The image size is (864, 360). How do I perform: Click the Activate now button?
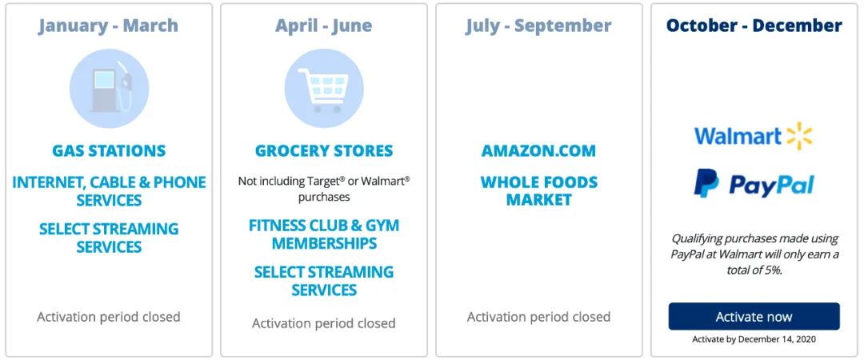pyautogui.click(x=754, y=317)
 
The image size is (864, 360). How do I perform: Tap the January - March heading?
pyautogui.click(x=109, y=26)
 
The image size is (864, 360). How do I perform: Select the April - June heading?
pyautogui.click(x=323, y=26)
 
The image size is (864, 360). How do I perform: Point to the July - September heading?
pyautogui.click(x=538, y=26)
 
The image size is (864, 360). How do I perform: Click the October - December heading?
pyautogui.click(x=754, y=26)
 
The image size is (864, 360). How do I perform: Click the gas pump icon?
pyautogui.click(x=109, y=88)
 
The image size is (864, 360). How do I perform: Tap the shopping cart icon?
pyautogui.click(x=323, y=88)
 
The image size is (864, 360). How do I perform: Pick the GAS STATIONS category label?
pyautogui.click(x=109, y=150)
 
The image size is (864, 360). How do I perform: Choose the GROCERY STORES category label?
pyautogui.click(x=323, y=150)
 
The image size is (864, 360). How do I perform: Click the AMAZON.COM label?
pyautogui.click(x=538, y=150)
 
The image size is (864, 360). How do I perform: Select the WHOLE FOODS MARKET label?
pyautogui.click(x=538, y=190)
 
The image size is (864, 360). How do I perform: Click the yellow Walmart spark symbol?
pyautogui.click(x=799, y=136)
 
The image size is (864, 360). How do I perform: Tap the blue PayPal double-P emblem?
pyautogui.click(x=706, y=183)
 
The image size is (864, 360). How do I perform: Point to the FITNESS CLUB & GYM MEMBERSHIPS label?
pyautogui.click(x=323, y=234)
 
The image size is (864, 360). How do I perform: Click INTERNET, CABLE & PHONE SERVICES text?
pyautogui.click(x=109, y=190)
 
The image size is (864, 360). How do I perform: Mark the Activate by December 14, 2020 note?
pyautogui.click(x=754, y=339)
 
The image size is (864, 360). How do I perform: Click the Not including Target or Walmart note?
pyautogui.click(x=323, y=189)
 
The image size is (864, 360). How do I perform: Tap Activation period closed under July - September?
pyautogui.click(x=538, y=317)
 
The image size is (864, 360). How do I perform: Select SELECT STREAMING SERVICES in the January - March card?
pyautogui.click(x=109, y=238)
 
